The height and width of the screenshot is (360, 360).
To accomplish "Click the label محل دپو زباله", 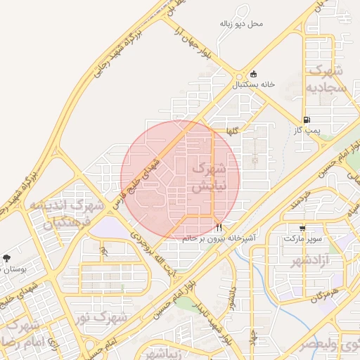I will pyautogui.click(x=241, y=24).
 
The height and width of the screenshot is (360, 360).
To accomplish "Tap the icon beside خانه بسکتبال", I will pyautogui.click(x=253, y=75).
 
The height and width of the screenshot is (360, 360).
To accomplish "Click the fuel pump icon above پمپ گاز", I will pyautogui.click(x=307, y=120).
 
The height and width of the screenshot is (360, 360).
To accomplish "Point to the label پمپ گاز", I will pyautogui.click(x=307, y=131).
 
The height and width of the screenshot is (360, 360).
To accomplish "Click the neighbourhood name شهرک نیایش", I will pyautogui.click(x=209, y=177).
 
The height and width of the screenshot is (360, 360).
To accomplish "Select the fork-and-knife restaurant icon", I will pyautogui.click(x=220, y=228).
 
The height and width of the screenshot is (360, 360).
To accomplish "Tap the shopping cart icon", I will pyautogui.click(x=302, y=229).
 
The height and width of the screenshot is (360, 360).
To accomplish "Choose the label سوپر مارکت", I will pyautogui.click(x=302, y=238).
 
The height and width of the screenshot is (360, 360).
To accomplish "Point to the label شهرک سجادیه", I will pyautogui.click(x=326, y=79).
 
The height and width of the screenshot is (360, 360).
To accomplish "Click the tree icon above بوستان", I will pyautogui.click(x=7, y=259).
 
